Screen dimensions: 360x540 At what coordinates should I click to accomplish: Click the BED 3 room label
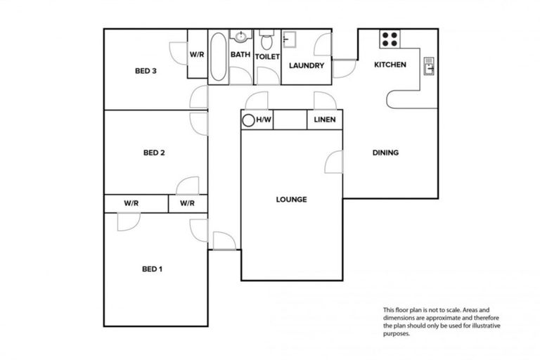(145, 70)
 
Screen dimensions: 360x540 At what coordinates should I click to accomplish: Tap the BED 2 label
(153, 153)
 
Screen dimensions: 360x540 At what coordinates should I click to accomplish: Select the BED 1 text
(153, 269)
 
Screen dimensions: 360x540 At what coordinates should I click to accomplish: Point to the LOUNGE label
(291, 200)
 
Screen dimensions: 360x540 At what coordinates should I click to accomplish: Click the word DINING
(385, 153)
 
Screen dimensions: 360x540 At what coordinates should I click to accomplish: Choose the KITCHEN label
(390, 65)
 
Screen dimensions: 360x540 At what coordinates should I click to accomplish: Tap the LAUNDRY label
(307, 66)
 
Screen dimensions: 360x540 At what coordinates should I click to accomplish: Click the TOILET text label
(267, 56)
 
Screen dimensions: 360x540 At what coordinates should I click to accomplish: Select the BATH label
(241, 55)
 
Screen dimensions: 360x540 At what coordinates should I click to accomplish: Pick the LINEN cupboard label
(324, 120)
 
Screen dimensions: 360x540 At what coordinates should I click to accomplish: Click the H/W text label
(264, 120)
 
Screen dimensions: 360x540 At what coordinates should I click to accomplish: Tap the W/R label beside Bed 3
(197, 54)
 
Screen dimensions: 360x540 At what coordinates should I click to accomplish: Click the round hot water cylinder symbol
(248, 120)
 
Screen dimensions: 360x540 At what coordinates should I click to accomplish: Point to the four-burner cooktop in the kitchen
(390, 39)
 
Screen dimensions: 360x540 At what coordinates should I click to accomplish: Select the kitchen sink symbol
(429, 65)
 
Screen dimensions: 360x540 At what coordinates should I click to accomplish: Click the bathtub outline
(218, 56)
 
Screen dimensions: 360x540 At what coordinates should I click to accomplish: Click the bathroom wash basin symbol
(241, 37)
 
